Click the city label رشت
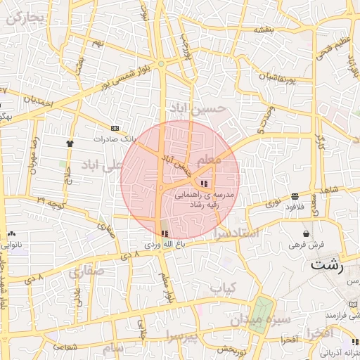[x=328, y=266]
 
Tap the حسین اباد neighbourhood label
[x=199, y=108]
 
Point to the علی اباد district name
[x=103, y=165]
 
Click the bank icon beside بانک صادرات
[x=115, y=128]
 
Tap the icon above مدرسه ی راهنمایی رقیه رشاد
[x=204, y=184]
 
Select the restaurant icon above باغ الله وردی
[x=165, y=233]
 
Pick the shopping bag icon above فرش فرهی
[x=306, y=233]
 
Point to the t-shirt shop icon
[x=70, y=143]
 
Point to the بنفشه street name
[x=263, y=30]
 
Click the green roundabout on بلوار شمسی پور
[x=162, y=64]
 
